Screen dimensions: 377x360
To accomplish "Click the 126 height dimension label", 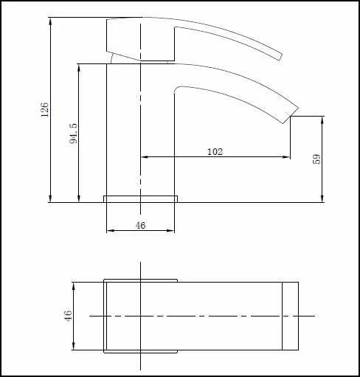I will click(45, 109).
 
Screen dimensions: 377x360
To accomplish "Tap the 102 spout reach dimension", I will click(215, 151).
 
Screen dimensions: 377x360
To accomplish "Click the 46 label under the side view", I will click(140, 225).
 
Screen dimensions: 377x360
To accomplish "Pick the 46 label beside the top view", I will click(68, 316).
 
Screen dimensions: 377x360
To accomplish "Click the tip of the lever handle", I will click(278, 55).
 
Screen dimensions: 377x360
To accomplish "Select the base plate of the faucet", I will click(141, 198).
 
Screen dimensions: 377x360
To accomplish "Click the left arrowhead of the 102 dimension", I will click(144, 156).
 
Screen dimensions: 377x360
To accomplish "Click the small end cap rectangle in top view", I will click(291, 316).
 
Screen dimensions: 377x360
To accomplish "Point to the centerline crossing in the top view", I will click(140, 316).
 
